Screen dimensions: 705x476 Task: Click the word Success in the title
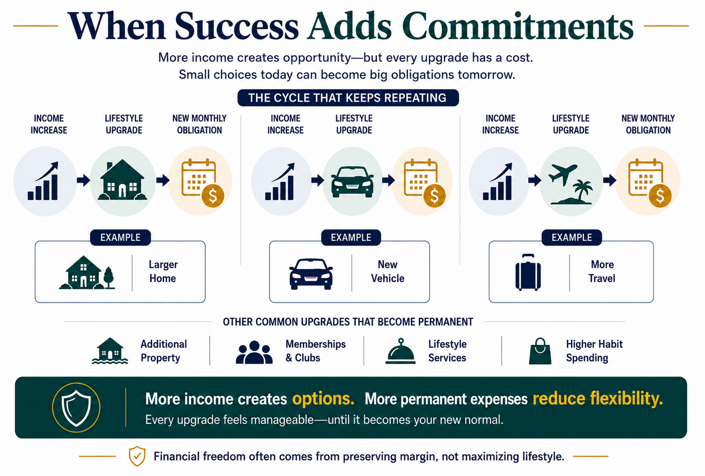tap(236, 26)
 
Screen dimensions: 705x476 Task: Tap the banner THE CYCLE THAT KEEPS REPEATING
tap(348, 98)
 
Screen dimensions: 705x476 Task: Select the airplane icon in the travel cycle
tap(563, 174)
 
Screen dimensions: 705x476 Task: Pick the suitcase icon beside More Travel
tap(528, 272)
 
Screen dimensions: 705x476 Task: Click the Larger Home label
tap(163, 271)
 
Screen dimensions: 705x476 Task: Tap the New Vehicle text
tap(387, 271)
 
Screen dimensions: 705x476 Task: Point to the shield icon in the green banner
tap(76, 408)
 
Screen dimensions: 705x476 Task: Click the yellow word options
tap(323, 398)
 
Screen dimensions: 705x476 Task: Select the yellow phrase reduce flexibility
tap(598, 398)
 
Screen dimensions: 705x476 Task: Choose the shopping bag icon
tap(540, 351)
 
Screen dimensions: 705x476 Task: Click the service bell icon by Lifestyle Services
tap(400, 351)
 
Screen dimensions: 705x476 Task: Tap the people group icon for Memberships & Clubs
tap(254, 352)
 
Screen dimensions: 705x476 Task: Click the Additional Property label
tap(164, 351)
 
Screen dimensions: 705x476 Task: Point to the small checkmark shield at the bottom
tap(137, 456)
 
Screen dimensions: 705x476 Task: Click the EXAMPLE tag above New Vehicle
tap(351, 237)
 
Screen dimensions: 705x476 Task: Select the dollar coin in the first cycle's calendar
tap(213, 196)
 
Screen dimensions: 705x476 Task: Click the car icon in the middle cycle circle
tap(352, 181)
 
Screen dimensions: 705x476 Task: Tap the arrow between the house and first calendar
tap(163, 180)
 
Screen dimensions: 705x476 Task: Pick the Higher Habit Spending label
tap(594, 351)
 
